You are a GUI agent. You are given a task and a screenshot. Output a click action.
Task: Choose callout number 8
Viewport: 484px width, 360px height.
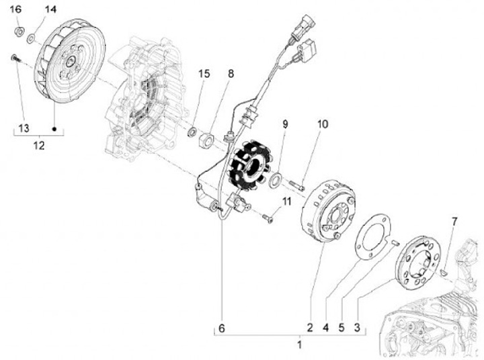coord(231,73)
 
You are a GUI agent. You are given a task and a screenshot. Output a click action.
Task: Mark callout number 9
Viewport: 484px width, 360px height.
coord(285,124)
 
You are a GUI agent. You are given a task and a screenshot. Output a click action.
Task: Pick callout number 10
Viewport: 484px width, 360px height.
coord(323,124)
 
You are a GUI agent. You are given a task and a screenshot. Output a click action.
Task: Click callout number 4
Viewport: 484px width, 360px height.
coord(325,328)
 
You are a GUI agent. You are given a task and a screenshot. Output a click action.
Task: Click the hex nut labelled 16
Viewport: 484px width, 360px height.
coord(20,30)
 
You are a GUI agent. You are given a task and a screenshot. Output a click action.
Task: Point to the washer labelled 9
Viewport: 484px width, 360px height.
coord(276,179)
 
